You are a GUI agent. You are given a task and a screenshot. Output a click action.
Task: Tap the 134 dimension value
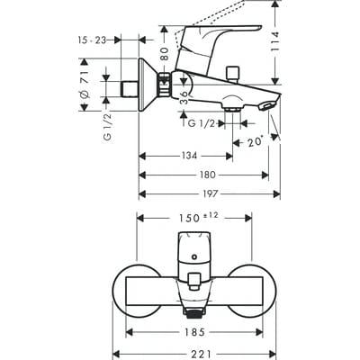[187, 155]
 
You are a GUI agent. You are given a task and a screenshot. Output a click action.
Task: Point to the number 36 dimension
[185, 97]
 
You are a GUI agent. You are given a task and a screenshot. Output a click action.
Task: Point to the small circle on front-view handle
[192, 258]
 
